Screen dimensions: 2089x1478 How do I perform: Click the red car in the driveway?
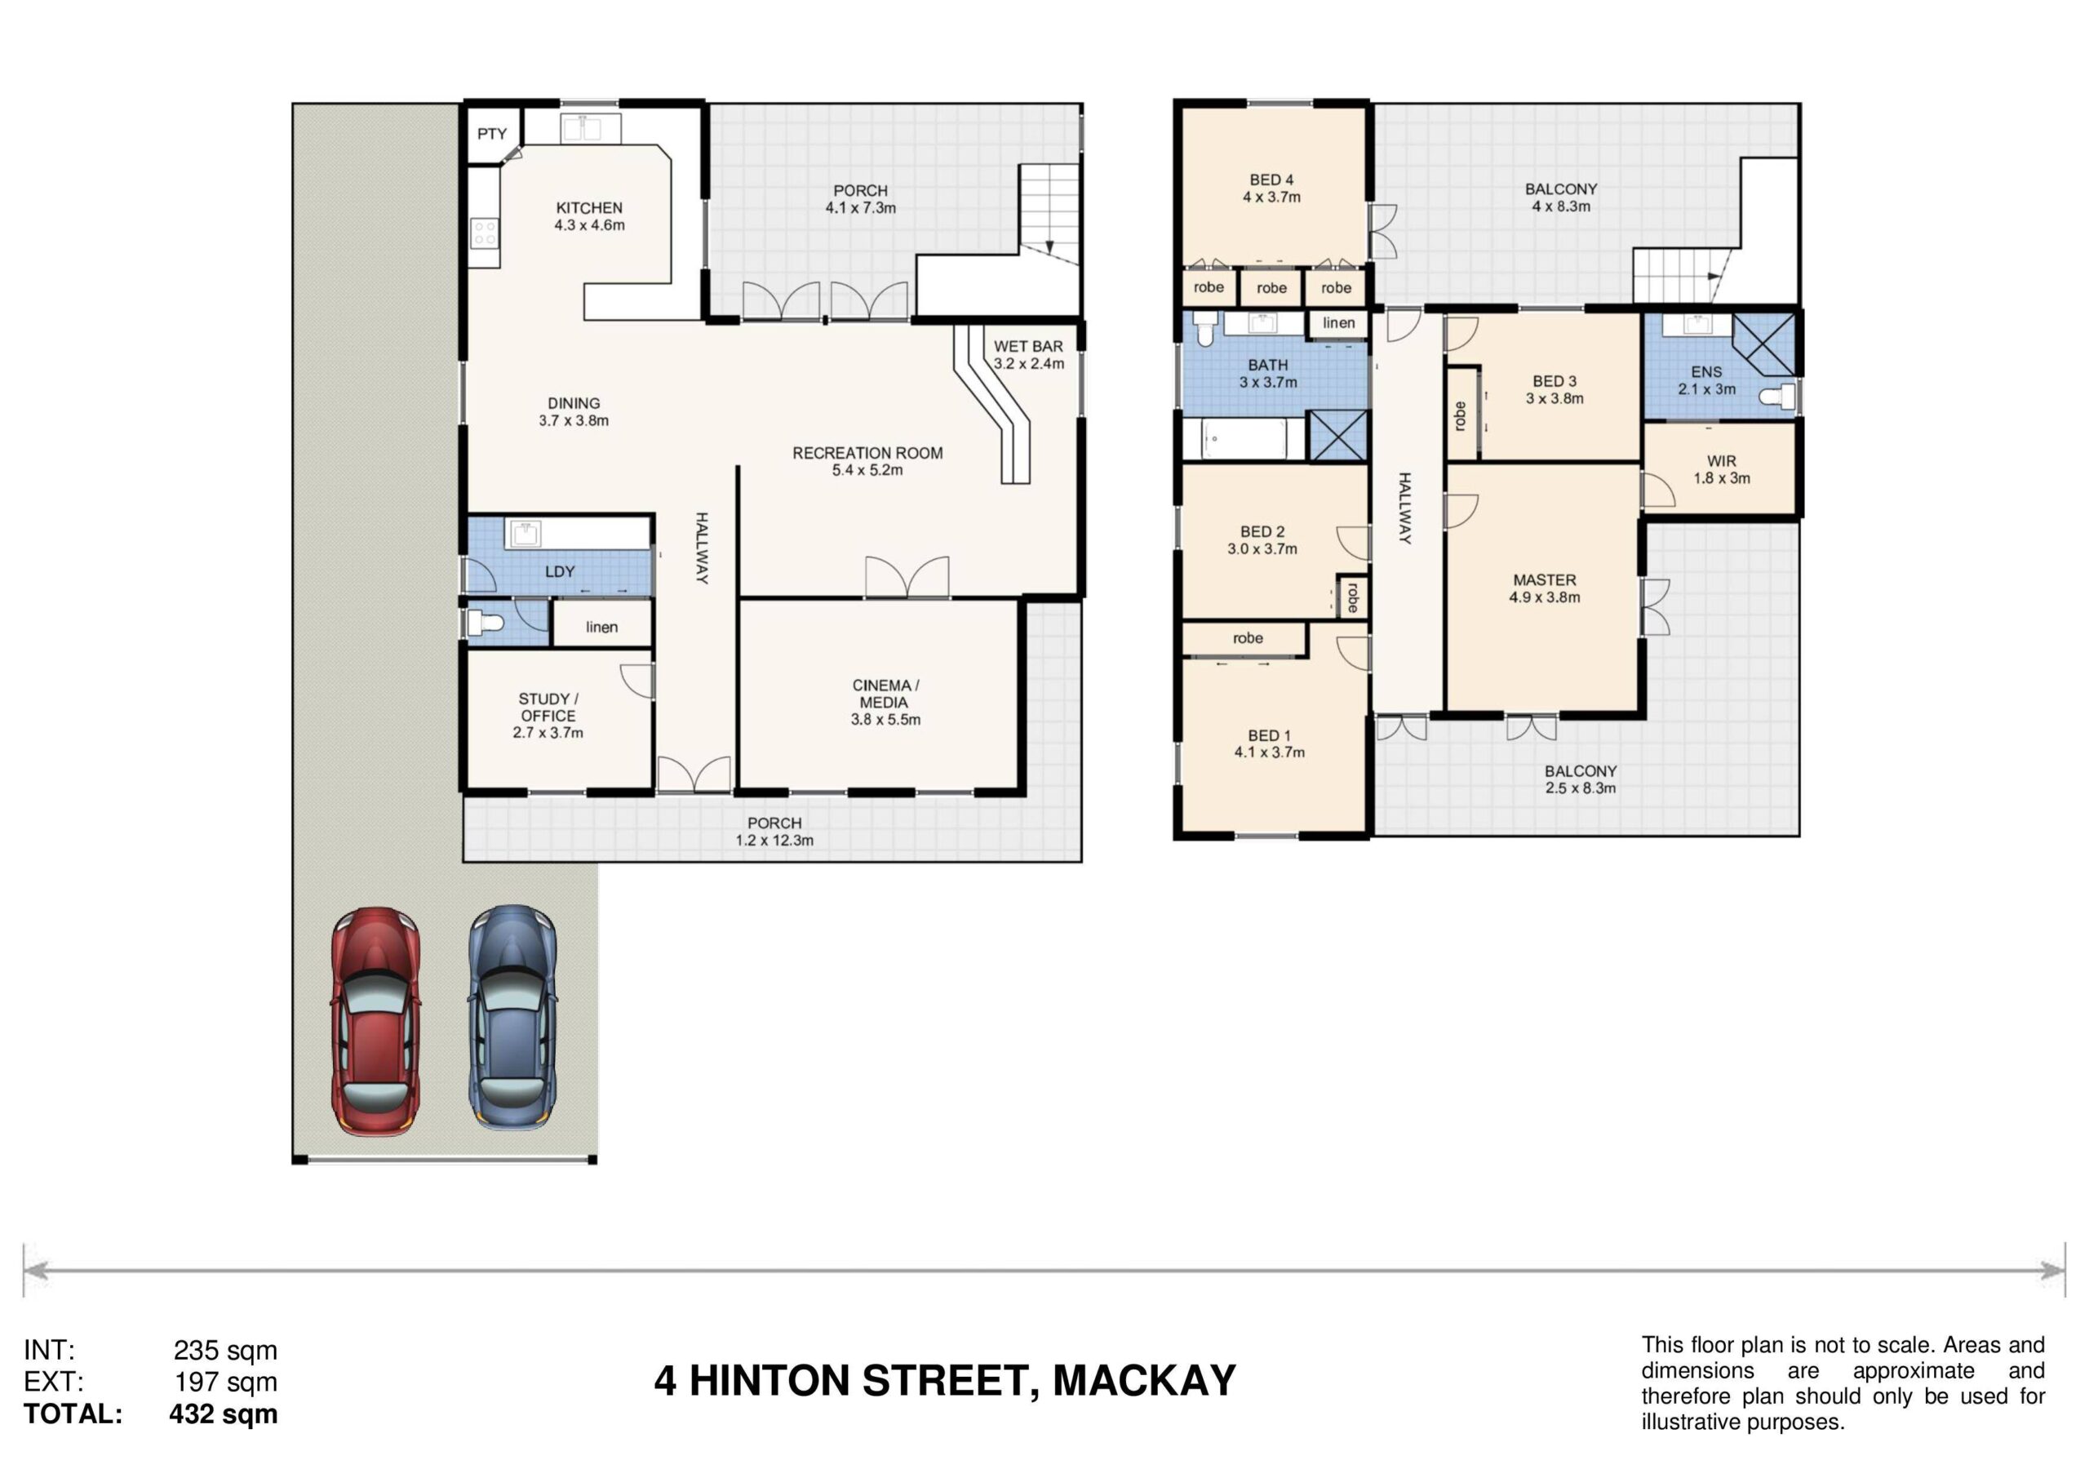coord(375,1020)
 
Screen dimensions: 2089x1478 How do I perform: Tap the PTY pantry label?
coord(492,134)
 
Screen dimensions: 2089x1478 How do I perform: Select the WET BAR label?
coord(1028,346)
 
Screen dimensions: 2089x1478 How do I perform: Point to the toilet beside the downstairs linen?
coord(484,624)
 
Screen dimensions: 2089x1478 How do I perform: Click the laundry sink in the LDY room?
coord(524,535)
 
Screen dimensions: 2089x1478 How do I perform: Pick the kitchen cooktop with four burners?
coord(484,232)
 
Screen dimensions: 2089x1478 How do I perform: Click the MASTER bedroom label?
coord(1545,579)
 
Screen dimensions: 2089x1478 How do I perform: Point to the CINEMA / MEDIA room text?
coord(885,694)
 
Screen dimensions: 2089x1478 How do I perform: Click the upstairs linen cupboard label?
coord(1338,323)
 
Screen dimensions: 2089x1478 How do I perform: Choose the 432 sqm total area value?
coord(223,1414)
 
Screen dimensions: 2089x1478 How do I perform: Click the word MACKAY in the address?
coord(1145,1381)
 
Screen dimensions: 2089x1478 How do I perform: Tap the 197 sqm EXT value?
coord(226,1382)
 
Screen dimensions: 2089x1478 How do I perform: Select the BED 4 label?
coord(1271,180)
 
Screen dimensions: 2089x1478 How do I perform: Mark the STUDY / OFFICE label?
coord(548,707)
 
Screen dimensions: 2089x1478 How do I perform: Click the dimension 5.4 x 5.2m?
coord(867,471)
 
